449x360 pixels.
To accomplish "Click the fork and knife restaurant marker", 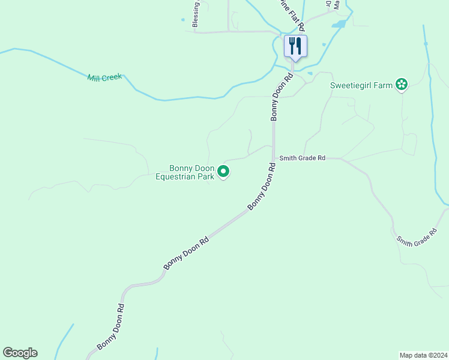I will [x=295, y=46].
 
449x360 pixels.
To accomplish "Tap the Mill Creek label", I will [x=104, y=77].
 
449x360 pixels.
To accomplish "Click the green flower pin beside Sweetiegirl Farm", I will [x=402, y=85].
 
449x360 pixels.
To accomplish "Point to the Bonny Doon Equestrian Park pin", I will [x=223, y=172].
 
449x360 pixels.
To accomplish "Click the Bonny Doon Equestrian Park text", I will [x=185, y=172].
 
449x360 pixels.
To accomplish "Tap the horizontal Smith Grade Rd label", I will [x=302, y=158].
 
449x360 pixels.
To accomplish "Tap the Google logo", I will [x=20, y=353].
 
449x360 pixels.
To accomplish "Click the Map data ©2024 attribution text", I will [x=423, y=355].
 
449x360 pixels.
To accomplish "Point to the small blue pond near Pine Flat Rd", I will [x=339, y=24].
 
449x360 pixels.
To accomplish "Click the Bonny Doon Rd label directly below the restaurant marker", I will [x=282, y=97].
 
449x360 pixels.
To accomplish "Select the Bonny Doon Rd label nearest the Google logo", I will [x=111, y=326].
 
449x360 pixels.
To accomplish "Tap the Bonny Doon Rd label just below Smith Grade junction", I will [x=262, y=186].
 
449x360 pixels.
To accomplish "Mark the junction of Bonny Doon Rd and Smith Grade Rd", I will [x=273, y=158].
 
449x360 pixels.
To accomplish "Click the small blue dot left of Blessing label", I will [x=182, y=20].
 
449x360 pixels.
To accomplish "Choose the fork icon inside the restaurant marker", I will [x=292, y=44].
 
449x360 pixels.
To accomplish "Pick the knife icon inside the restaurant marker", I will [x=299, y=45].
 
